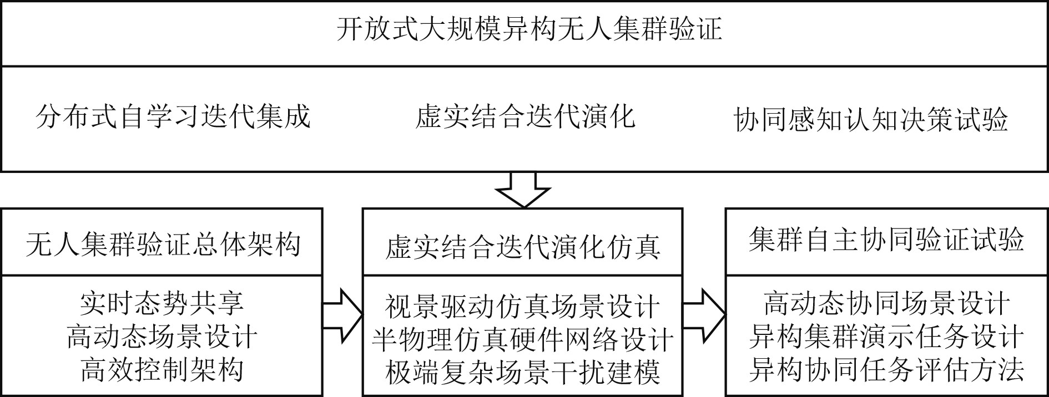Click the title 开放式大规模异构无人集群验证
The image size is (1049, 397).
tap(529, 29)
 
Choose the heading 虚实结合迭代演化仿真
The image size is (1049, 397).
tap(523, 246)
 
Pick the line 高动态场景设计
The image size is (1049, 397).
tap(162, 337)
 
